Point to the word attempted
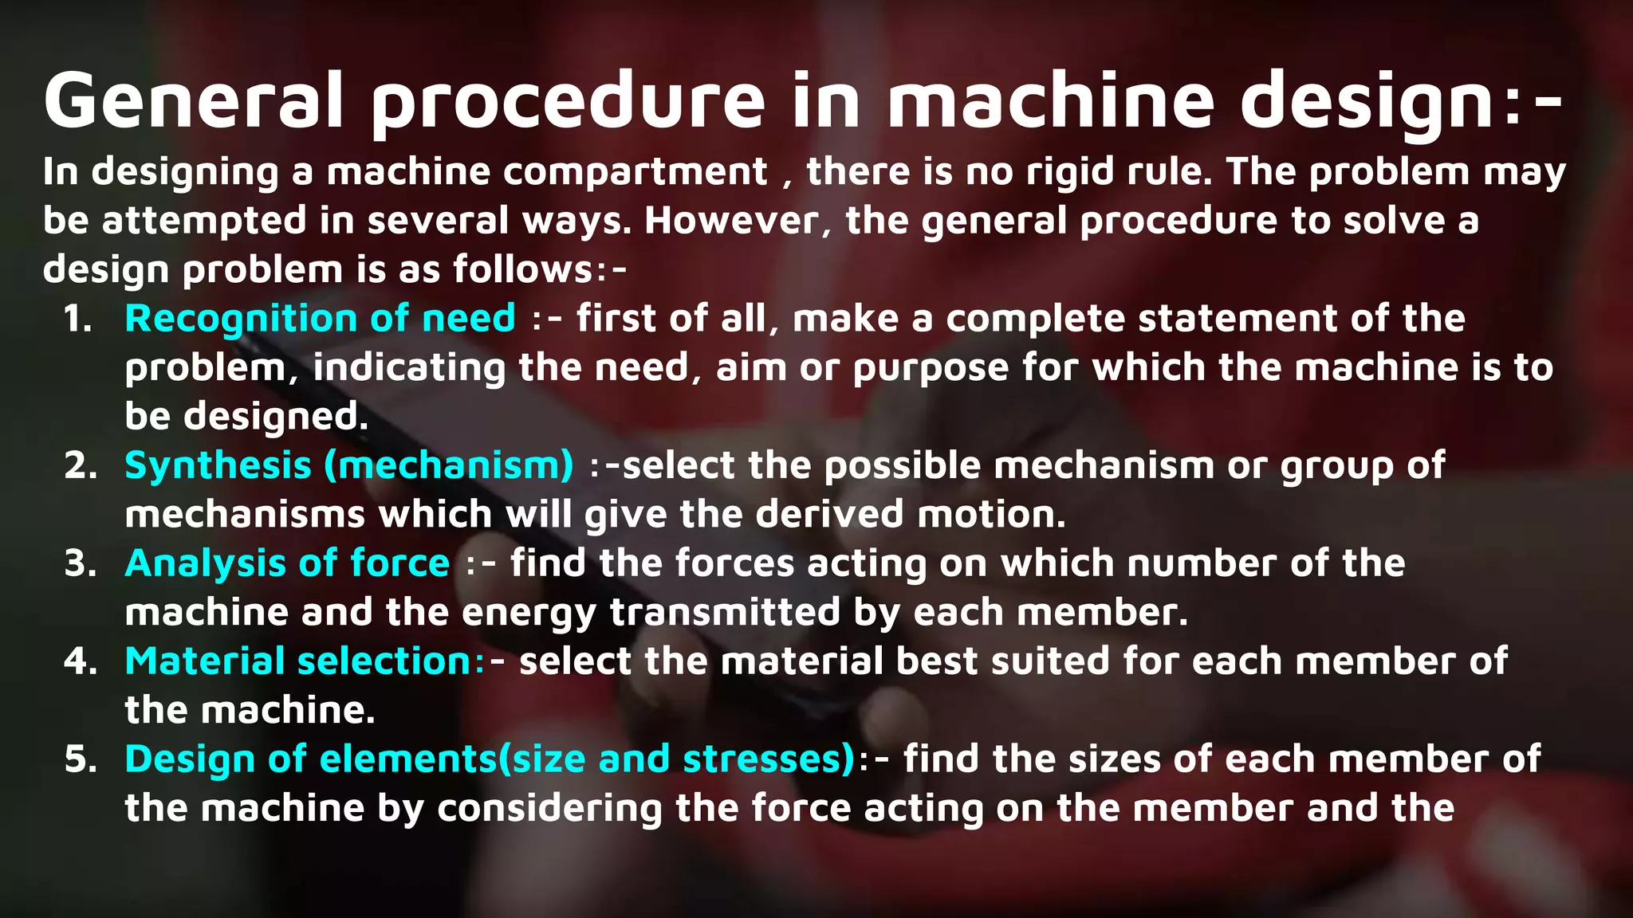203,222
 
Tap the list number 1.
77,320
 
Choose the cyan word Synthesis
218,466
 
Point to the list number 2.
80,466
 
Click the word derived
829,515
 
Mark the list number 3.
80,564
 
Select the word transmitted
725,613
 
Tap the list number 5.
80,759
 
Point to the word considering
549,809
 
